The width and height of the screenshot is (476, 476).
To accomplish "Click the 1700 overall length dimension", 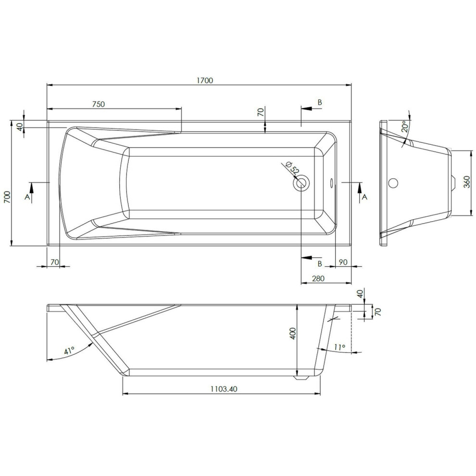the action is [x=205, y=80].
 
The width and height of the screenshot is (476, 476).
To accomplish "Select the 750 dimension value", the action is [x=99, y=104].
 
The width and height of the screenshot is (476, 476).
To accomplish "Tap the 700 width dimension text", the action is [x=7, y=197].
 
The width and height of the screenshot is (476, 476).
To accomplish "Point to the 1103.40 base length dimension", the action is [x=224, y=389].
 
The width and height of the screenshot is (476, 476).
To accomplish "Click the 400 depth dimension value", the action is [x=293, y=333].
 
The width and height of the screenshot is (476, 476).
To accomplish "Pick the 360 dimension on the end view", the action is [x=467, y=182].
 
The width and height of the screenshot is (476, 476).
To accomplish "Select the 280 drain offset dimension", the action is [x=318, y=278].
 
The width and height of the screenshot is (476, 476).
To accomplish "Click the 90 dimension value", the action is [x=343, y=262].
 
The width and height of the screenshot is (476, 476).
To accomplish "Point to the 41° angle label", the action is [x=69, y=351].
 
